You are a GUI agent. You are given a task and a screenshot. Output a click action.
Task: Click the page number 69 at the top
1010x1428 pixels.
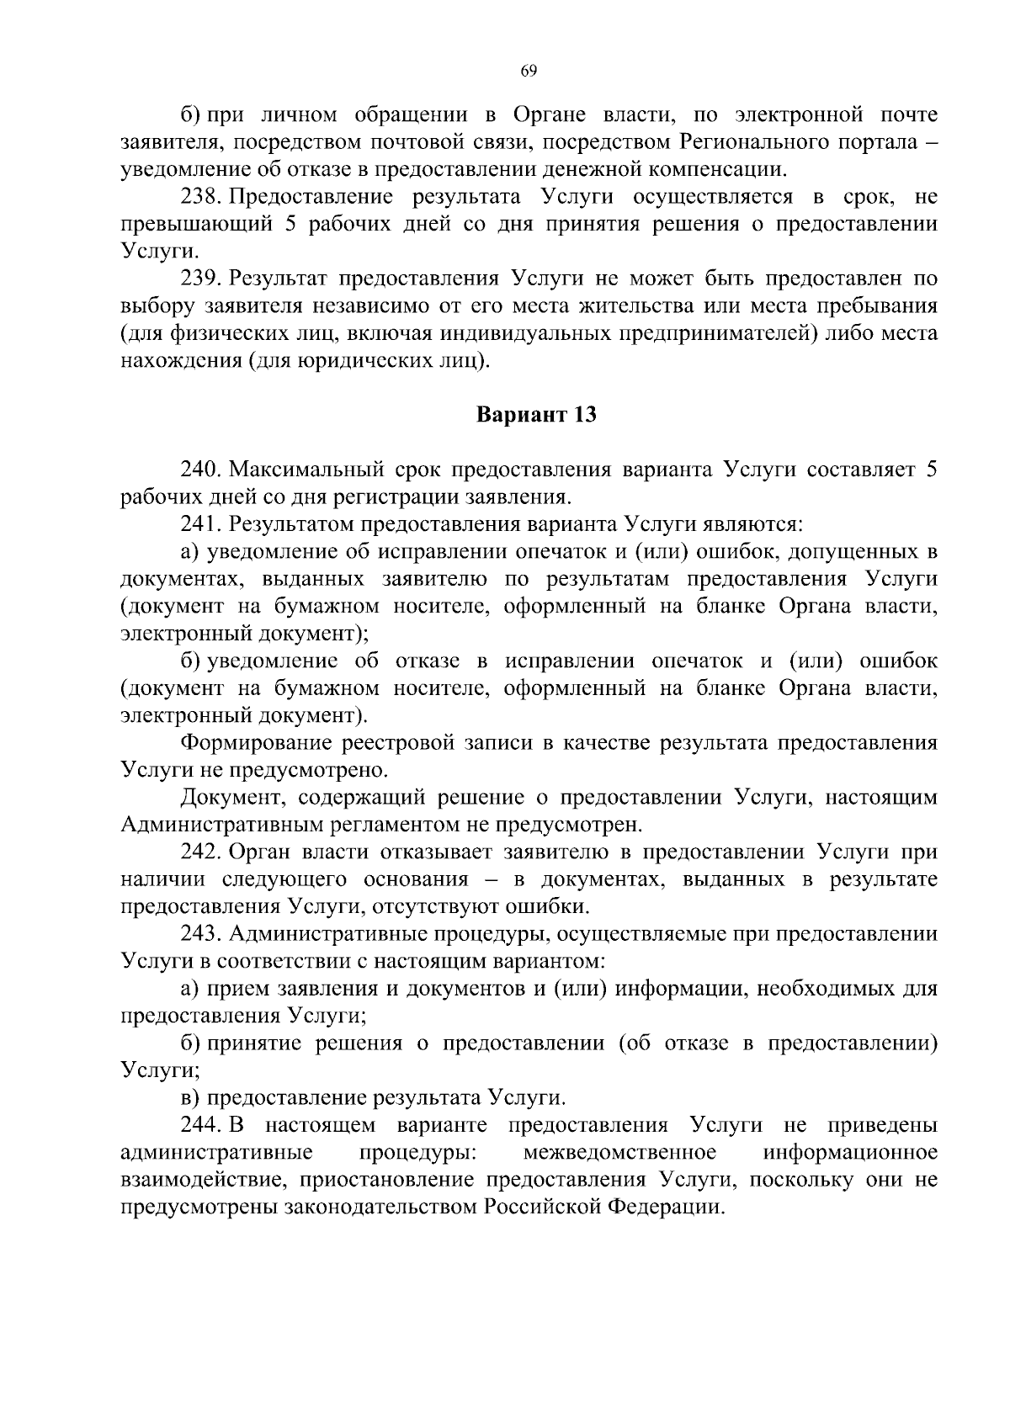tap(529, 72)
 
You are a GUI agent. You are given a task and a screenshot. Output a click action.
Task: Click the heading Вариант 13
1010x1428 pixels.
tap(537, 415)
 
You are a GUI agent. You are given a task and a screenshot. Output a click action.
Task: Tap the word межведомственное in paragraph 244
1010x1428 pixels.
tap(620, 1152)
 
